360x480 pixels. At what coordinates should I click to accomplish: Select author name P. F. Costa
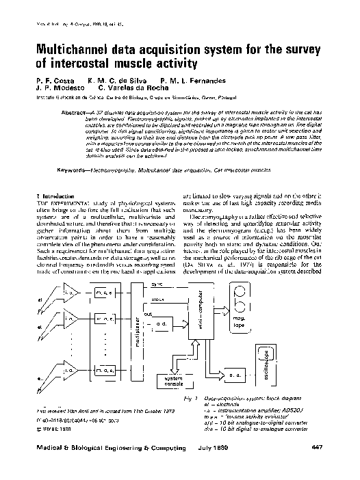coord(52,81)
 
